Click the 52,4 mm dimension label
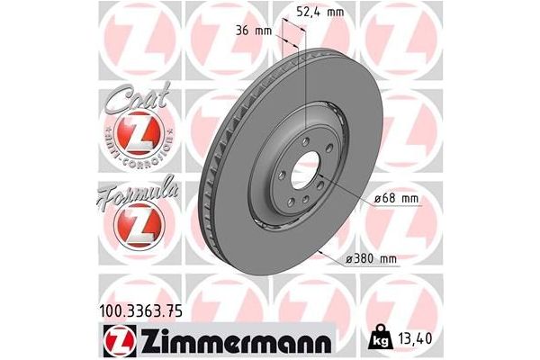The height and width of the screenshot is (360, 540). (x=320, y=12)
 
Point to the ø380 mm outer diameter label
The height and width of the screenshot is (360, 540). (x=371, y=259)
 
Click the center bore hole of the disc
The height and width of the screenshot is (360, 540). (x=307, y=167)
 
